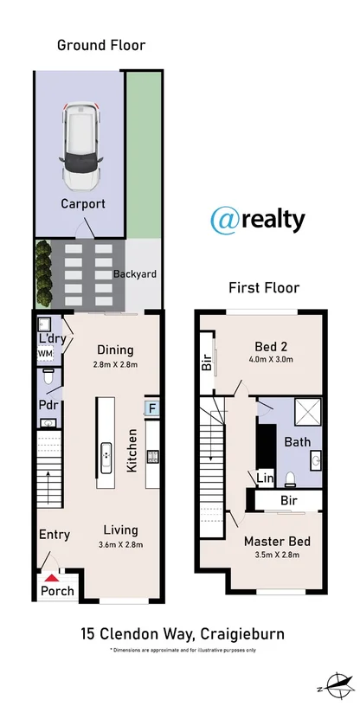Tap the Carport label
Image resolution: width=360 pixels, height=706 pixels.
pyautogui.click(x=82, y=204)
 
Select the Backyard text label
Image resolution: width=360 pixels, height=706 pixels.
pyautogui.click(x=135, y=274)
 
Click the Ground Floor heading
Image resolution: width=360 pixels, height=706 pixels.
pyautogui.click(x=101, y=45)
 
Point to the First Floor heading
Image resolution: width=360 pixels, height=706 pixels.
pyautogui.click(x=263, y=287)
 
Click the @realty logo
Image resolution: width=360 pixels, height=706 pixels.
pyautogui.click(x=258, y=220)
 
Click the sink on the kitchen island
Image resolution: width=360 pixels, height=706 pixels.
pyautogui.click(x=106, y=452)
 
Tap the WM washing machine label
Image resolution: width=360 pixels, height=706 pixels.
pyautogui.click(x=43, y=354)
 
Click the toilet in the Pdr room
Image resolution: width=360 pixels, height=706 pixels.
pyautogui.click(x=49, y=377)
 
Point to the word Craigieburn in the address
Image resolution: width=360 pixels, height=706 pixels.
pyautogui.click(x=243, y=634)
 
